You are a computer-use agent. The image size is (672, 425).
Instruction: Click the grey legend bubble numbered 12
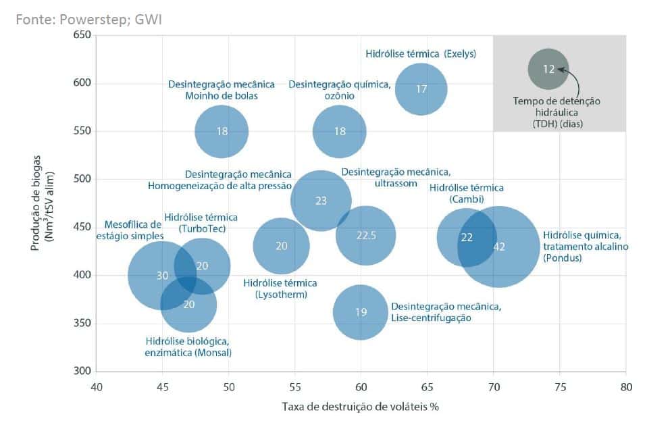[548, 69]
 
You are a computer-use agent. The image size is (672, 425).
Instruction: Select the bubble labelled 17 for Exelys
[421, 89]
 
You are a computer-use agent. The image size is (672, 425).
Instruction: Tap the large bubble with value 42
[500, 247]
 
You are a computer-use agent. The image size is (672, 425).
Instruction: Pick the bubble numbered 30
[161, 275]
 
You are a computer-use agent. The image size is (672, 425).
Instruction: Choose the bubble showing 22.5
[365, 235]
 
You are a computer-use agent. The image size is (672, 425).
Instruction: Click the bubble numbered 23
[321, 201]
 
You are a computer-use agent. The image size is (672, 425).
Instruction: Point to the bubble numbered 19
[361, 312]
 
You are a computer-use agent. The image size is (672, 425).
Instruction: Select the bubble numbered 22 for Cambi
[467, 237]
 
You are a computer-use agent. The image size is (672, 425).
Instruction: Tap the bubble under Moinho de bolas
[222, 132]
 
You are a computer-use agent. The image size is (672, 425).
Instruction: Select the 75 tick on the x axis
[560, 387]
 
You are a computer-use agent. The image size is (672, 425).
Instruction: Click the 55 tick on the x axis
[295, 387]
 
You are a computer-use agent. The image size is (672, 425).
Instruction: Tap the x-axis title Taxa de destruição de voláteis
[360, 407]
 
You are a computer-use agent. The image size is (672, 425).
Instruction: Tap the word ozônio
[340, 97]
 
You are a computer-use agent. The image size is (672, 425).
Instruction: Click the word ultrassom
[396, 184]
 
